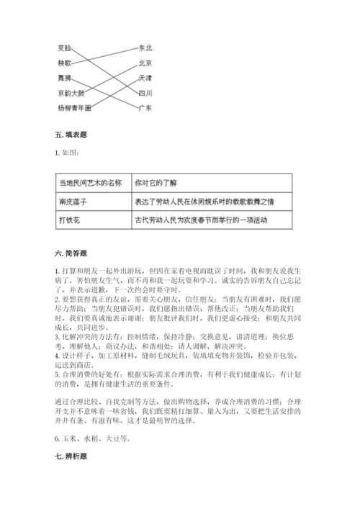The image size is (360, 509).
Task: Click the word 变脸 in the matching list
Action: coord(65,48)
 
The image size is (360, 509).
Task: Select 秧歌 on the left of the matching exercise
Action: coord(65,63)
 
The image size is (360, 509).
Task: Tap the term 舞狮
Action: coord(65,77)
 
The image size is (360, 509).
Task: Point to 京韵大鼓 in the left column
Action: coord(71,93)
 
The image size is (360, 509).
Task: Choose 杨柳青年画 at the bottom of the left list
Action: coord(74,108)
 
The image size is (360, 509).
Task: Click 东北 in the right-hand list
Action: coord(145,48)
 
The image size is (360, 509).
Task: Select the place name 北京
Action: coord(145,63)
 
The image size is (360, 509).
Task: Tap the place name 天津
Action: coord(145,77)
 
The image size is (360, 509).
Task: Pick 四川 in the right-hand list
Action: coord(145,93)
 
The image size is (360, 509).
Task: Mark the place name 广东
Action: coord(145,108)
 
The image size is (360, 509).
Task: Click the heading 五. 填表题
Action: coord(71,136)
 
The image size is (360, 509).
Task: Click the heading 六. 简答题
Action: coord(71,253)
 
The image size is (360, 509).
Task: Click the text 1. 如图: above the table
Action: coord(69,152)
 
